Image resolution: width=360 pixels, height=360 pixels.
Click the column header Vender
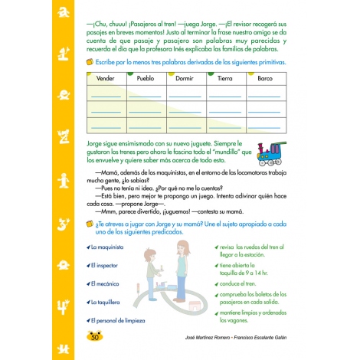click(x=104, y=79)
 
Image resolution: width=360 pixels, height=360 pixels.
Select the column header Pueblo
click(x=146, y=79)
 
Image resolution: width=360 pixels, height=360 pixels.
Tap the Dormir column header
click(x=185, y=79)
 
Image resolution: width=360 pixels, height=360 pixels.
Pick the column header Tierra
click(x=225, y=79)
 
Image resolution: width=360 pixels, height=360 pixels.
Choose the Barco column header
click(x=265, y=79)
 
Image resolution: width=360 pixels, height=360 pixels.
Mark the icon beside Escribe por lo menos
click(x=90, y=61)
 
